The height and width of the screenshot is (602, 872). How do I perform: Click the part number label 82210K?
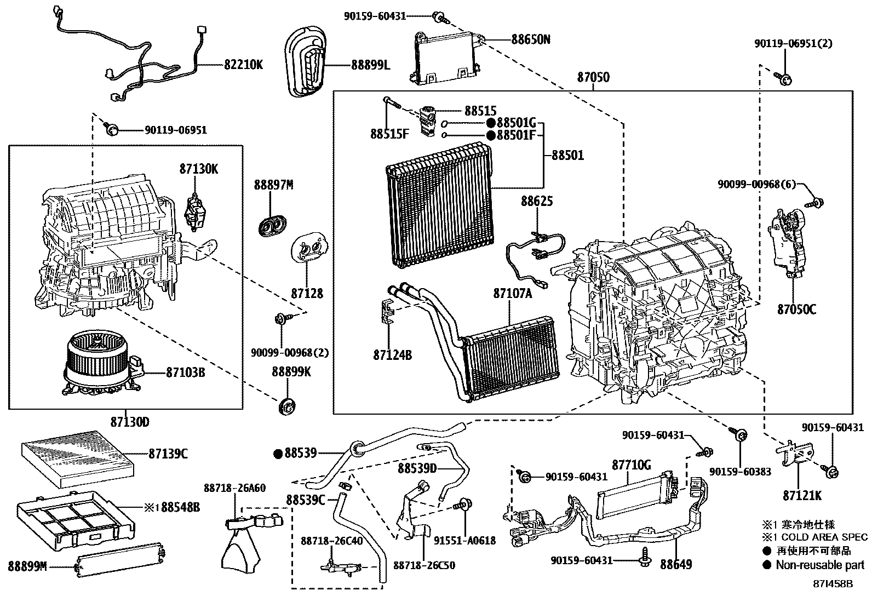pyautogui.click(x=243, y=65)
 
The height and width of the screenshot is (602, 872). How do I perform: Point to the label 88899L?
pyautogui.click(x=371, y=65)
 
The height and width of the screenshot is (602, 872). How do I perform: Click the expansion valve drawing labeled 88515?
pyautogui.click(x=426, y=118)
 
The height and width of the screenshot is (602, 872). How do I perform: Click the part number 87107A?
pyautogui.click(x=512, y=293)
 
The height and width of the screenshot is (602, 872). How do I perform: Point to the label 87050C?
pyautogui.click(x=796, y=309)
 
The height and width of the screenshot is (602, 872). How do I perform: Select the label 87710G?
pyautogui.click(x=631, y=465)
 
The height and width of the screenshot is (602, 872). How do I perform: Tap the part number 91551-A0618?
pyautogui.click(x=464, y=541)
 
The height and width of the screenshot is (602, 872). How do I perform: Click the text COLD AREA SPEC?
pyautogui.click(x=824, y=537)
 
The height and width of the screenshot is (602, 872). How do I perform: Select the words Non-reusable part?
pyautogui.click(x=819, y=565)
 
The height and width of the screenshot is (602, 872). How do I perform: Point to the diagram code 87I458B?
pyautogui.click(x=832, y=584)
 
